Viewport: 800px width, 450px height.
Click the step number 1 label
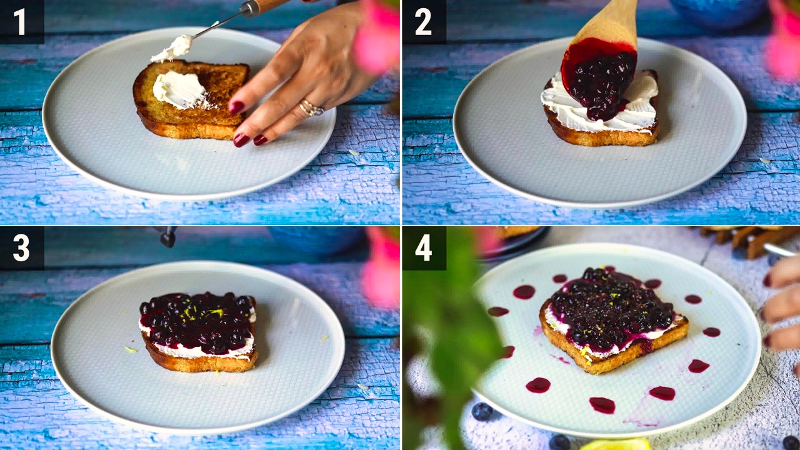pyautogui.click(x=19, y=22)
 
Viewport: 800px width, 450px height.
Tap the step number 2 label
pyautogui.click(x=423, y=22)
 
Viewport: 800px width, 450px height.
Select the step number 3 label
pyautogui.click(x=21, y=248)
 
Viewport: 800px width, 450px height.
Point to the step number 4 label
pyautogui.click(x=424, y=248)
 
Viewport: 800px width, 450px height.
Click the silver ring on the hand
pyautogui.click(x=311, y=107)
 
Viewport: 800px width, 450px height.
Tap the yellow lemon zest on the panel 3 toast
pyautogui.click(x=200, y=313)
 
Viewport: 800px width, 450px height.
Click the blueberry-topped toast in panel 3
pyautogui.click(x=198, y=331)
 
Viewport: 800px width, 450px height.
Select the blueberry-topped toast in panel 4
pyautogui.click(x=612, y=319)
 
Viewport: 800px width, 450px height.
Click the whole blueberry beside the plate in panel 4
pyautogui.click(x=482, y=411)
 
